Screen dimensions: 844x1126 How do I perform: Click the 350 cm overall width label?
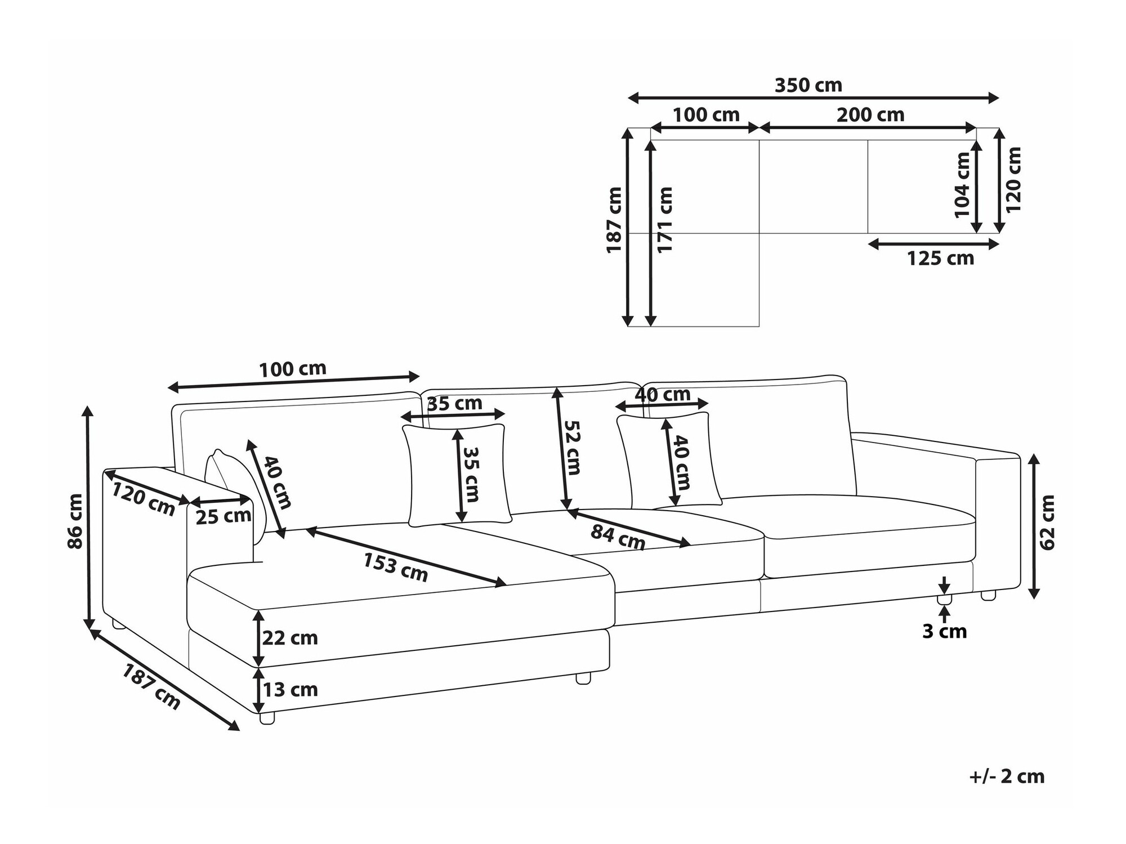coord(808,86)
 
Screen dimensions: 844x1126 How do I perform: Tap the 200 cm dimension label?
coord(870,115)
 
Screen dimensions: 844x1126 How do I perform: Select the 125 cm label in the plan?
coord(940,258)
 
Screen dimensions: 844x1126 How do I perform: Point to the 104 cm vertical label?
coord(962,185)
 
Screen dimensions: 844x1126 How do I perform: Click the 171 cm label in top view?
coord(665,220)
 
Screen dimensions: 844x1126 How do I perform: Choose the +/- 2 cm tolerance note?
coord(1007,776)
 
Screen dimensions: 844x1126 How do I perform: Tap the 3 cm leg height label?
coord(944,632)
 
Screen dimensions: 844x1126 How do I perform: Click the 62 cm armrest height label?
coord(1048,522)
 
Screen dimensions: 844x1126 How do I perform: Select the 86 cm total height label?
coord(75,521)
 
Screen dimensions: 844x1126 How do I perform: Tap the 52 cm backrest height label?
coord(572,448)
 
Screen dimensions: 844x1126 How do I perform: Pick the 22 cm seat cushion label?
coord(290,638)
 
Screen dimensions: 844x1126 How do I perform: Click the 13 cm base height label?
coord(290,690)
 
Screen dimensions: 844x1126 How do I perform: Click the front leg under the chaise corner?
coord(267,718)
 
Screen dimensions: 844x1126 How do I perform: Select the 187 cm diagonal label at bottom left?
coord(151,687)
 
